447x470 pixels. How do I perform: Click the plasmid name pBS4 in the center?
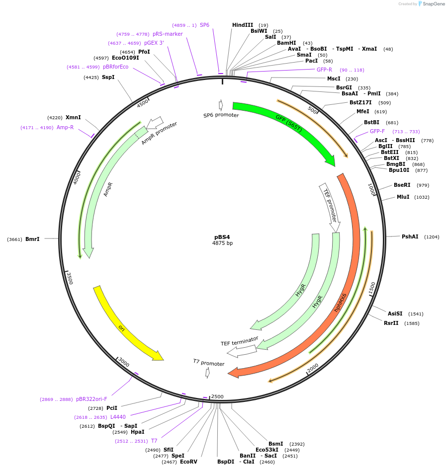(222, 237)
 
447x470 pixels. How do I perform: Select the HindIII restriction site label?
(243, 25)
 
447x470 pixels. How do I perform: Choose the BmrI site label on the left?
(32, 239)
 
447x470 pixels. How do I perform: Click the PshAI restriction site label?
(410, 236)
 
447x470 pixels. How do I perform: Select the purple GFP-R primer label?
(324, 70)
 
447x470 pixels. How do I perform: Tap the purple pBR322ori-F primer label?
(91, 399)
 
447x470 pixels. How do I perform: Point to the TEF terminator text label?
(240, 341)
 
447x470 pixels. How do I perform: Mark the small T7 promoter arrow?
(208, 373)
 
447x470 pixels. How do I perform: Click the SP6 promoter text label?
(221, 115)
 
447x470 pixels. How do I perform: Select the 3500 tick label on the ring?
(70, 278)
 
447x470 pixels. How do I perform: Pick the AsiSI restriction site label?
(395, 313)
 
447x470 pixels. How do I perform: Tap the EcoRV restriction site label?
(188, 462)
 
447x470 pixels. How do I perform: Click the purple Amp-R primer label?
(65, 128)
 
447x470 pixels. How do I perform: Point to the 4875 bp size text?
(222, 243)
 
